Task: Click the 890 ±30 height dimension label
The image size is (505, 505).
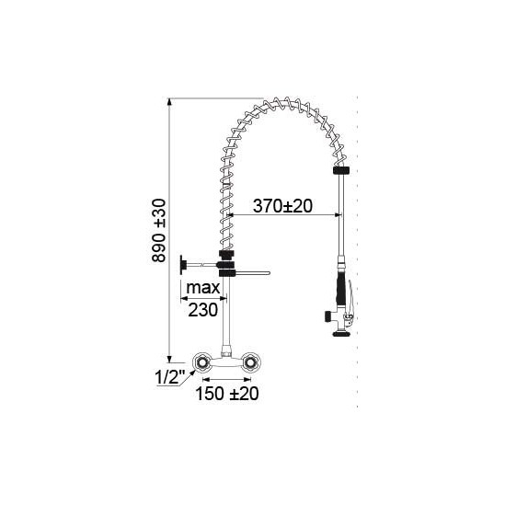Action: tap(159, 231)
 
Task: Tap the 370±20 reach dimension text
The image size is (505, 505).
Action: tap(282, 206)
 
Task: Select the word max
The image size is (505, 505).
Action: tap(203, 288)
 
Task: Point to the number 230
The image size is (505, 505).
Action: tap(203, 310)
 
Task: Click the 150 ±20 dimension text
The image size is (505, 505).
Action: tap(227, 394)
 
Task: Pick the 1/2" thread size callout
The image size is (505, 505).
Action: tap(170, 377)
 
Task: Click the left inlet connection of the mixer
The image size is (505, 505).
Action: tap(202, 362)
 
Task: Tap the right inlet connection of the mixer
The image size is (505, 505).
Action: tap(250, 362)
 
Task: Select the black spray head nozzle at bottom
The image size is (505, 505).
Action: tap(342, 333)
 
